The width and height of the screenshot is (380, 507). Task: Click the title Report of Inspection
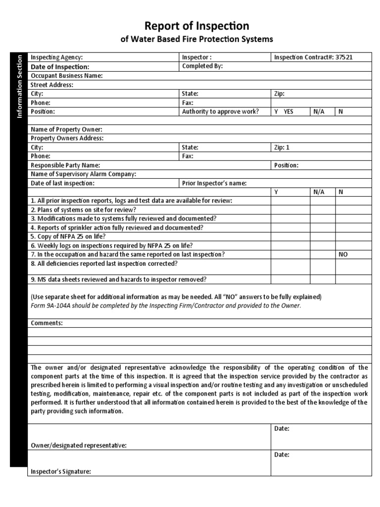coord(196,26)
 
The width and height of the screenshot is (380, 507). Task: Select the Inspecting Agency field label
coord(57,57)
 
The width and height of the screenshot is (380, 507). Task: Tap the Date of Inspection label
coord(60,66)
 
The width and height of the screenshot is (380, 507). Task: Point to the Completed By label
coord(203,66)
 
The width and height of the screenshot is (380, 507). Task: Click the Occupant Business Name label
coord(67,76)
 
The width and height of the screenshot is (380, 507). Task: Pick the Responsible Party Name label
coord(65,165)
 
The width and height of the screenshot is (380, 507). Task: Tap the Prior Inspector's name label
coord(214,183)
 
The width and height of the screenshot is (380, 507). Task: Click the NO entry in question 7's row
coord(343,254)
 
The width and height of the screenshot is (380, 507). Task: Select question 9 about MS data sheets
coord(119,279)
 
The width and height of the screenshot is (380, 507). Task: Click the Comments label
coord(47,323)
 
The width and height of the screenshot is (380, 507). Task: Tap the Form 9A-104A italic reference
coord(166,305)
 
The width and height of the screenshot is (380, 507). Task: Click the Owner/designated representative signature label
coord(79,446)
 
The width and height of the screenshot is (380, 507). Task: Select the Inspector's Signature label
coord(61,472)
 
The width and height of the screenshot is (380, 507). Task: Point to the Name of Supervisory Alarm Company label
coord(84,174)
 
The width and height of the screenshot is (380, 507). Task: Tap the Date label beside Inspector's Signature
coord(282,455)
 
